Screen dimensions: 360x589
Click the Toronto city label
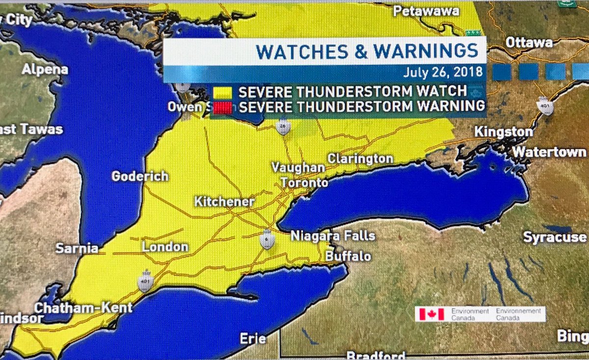point(304,183)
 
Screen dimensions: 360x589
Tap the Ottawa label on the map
point(529,43)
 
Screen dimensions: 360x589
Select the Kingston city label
point(503,132)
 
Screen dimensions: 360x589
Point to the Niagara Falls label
point(333,236)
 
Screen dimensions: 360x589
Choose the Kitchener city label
point(224,202)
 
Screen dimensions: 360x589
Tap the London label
point(165,247)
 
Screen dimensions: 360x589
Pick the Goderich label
point(140,176)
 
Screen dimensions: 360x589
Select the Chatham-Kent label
point(83,308)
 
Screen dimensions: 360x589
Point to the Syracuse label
point(555,237)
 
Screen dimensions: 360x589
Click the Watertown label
point(549,152)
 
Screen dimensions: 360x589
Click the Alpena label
point(45,69)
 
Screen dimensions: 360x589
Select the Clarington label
point(360,159)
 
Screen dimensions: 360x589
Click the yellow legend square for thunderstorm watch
point(223,91)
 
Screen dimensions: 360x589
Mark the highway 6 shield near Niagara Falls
point(267,239)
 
